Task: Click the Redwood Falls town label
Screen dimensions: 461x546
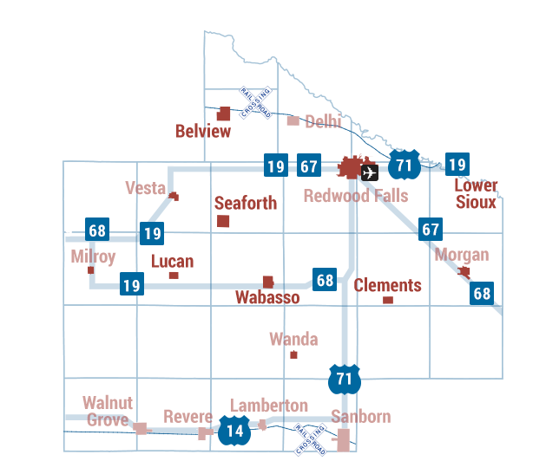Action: coord(355,196)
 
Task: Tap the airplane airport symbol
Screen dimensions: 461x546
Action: coord(370,172)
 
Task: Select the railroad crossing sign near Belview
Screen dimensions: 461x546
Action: coord(257,102)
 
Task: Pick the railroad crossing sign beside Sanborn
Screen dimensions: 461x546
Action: coord(310,439)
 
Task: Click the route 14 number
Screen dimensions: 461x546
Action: coord(234,431)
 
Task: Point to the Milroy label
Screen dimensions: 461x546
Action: coord(93,256)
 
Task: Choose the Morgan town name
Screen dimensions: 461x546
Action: coord(461,255)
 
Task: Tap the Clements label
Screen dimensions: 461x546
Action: coord(387,285)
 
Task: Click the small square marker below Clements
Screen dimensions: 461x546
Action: coord(388,301)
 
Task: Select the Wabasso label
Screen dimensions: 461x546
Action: coord(267,298)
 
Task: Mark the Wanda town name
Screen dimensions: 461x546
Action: coord(293,339)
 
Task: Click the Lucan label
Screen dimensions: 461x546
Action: coord(173,262)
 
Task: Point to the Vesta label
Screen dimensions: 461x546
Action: coord(145,189)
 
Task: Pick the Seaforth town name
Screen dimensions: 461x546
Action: coord(246,203)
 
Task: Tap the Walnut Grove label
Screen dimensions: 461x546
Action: coord(108,411)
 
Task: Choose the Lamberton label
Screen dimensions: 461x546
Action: coord(269,405)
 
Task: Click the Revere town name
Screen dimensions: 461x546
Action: coord(188,415)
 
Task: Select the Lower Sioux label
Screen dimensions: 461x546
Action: coord(477,194)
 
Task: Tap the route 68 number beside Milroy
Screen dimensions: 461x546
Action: coord(97,231)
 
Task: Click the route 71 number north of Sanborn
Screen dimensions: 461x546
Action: coord(345,379)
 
